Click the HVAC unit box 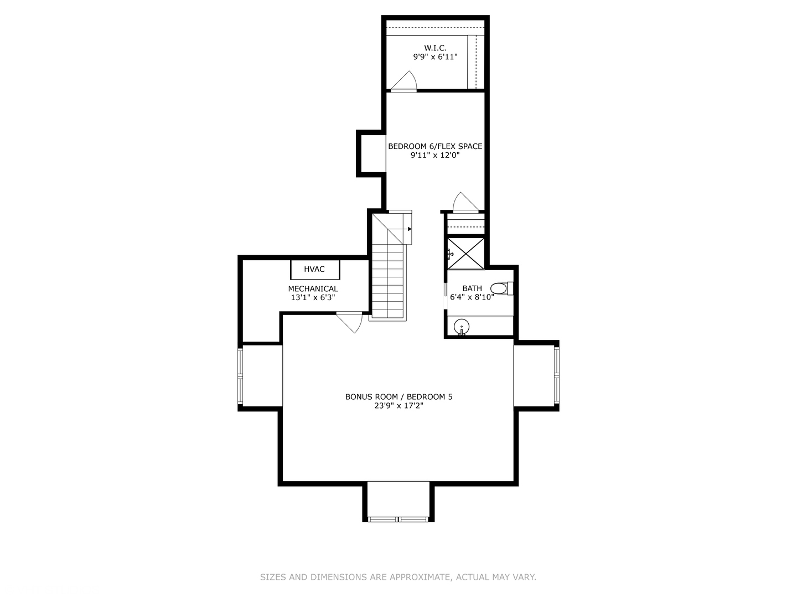[x=315, y=269]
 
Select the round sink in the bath [x=461, y=328]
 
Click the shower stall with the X [x=465, y=254]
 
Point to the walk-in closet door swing [x=406, y=81]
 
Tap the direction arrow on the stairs [x=409, y=229]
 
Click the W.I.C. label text [x=435, y=48]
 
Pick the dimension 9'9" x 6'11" [x=435, y=57]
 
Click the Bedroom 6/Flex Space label [x=435, y=146]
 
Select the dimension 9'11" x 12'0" [x=435, y=156]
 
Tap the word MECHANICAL [x=313, y=288]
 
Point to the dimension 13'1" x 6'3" [x=313, y=298]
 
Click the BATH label [x=472, y=288]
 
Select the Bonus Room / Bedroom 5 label [x=398, y=396]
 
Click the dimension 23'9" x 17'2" [x=398, y=406]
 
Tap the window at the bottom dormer [x=398, y=519]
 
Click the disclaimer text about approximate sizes [x=398, y=577]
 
